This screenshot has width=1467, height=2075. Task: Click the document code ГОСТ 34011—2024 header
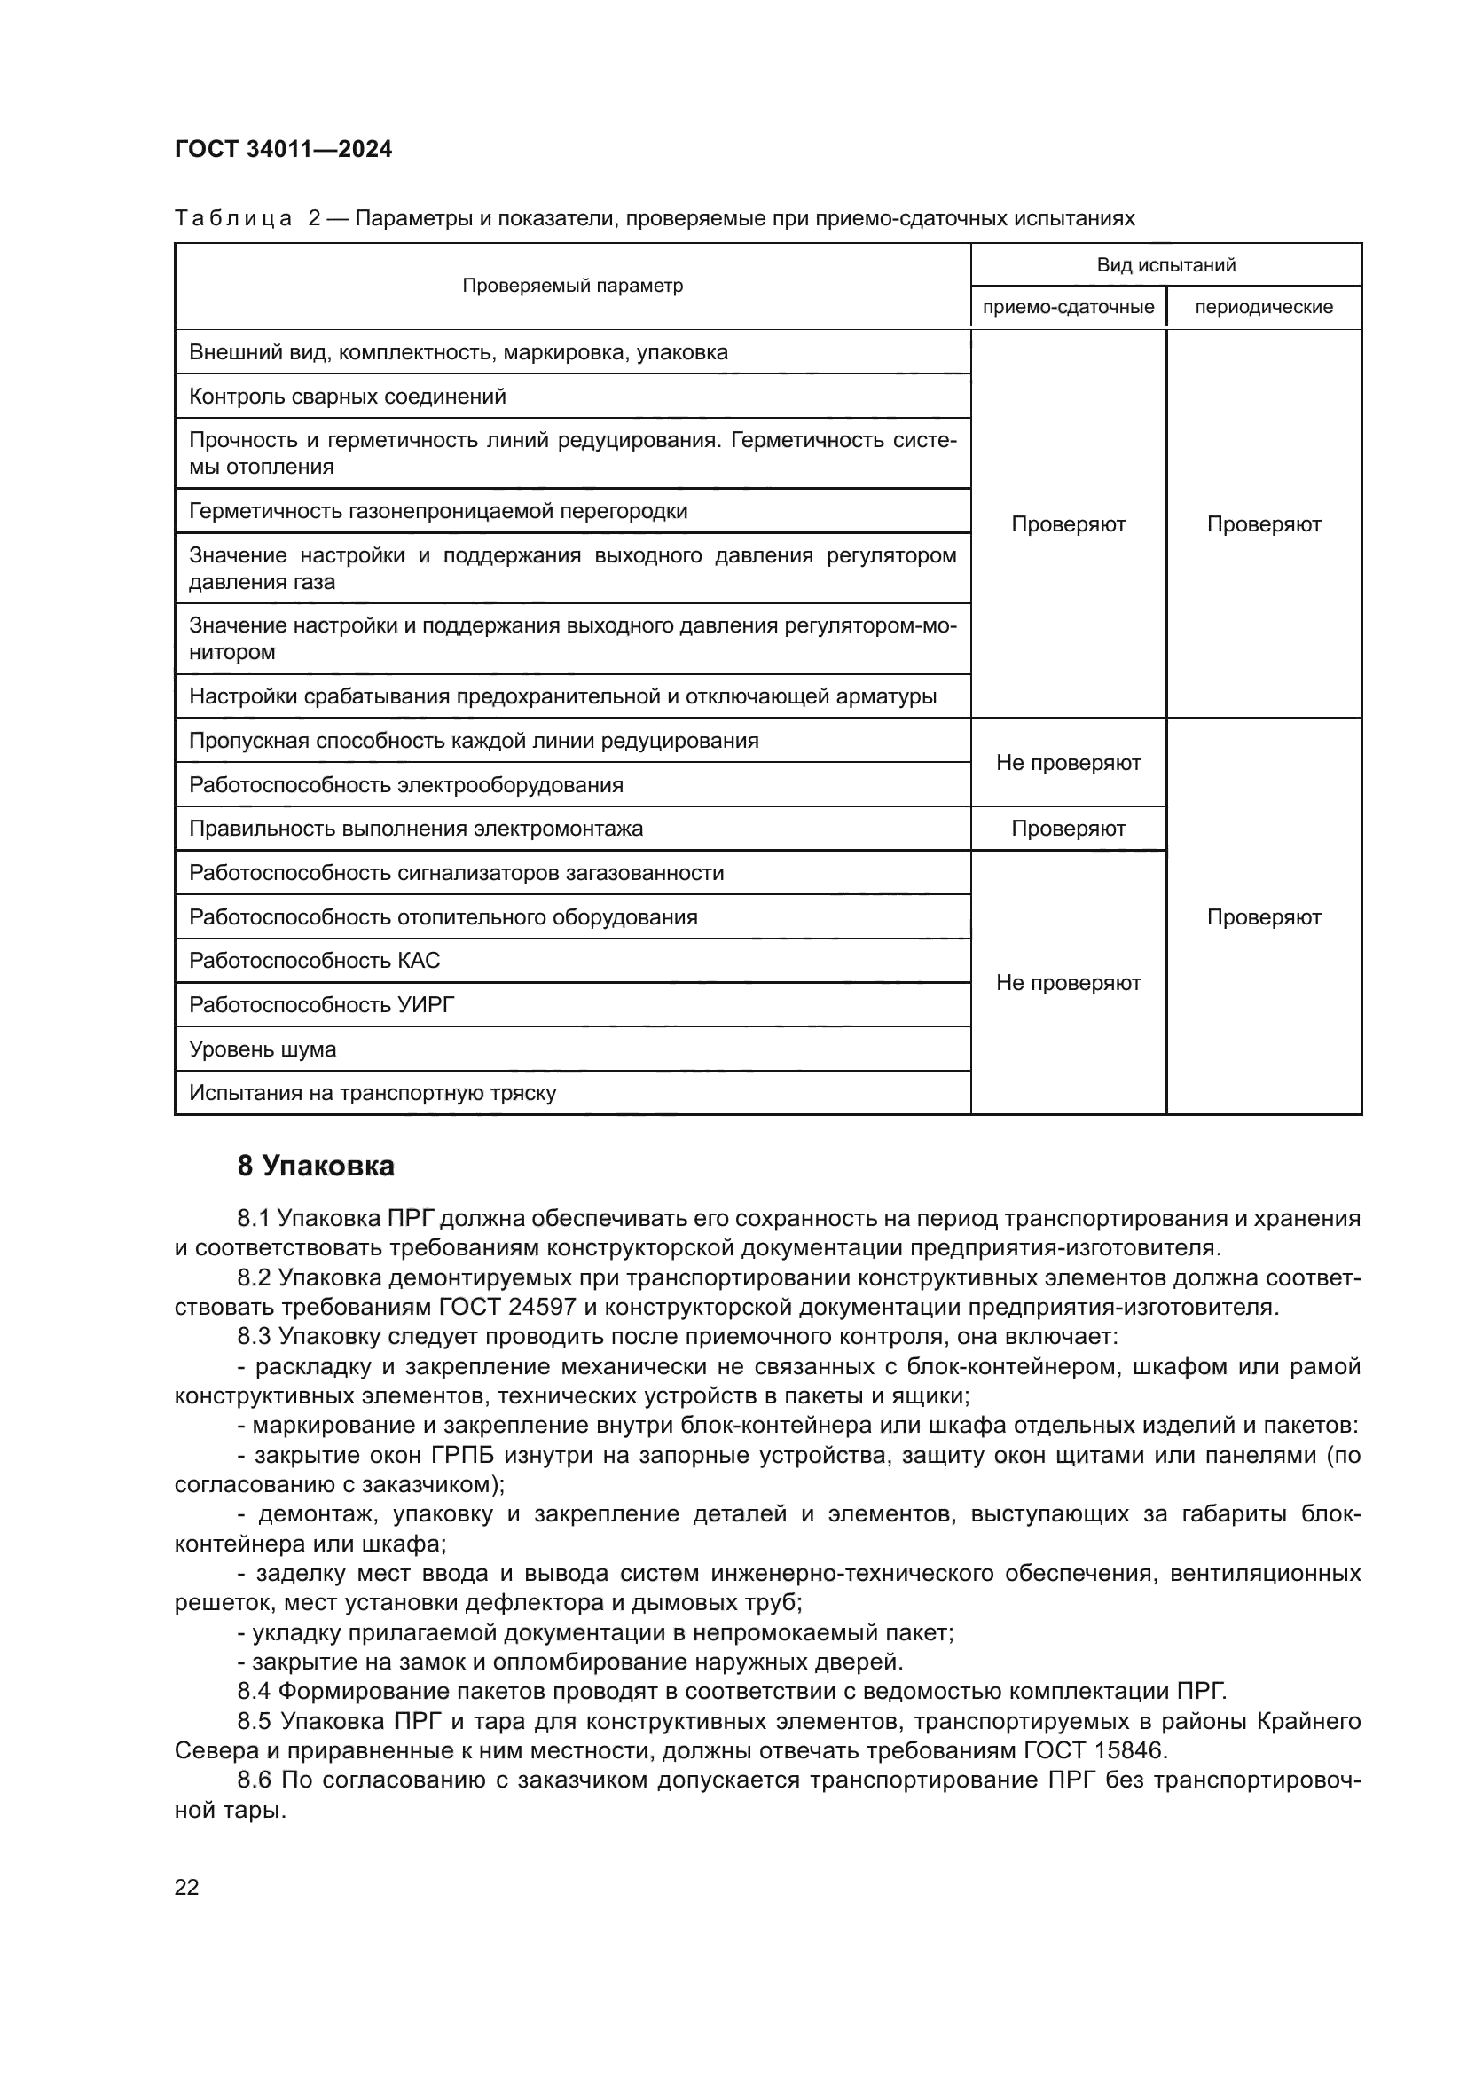click(283, 149)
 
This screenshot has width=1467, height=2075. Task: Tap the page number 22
click(186, 1887)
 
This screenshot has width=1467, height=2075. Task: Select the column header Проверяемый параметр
click(572, 286)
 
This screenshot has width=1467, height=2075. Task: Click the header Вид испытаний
click(1165, 264)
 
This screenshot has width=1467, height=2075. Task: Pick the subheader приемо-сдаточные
click(1068, 307)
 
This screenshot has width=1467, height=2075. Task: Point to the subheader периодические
click(1263, 307)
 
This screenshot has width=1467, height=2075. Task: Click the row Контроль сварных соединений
click(347, 397)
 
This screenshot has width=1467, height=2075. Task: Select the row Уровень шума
click(262, 1049)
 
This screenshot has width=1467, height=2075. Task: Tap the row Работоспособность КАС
click(313, 961)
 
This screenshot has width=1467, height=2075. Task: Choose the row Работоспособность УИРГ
click(321, 1005)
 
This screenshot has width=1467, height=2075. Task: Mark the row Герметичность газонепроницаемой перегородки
click(437, 512)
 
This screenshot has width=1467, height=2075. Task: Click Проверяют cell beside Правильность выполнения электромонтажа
click(1068, 829)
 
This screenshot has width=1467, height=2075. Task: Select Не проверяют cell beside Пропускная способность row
click(1068, 763)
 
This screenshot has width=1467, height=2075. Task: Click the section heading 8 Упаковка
click(315, 1167)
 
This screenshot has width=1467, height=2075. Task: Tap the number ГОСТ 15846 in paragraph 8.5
click(1094, 1750)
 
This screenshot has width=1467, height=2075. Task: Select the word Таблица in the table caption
click(233, 219)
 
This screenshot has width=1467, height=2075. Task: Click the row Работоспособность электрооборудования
click(405, 784)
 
